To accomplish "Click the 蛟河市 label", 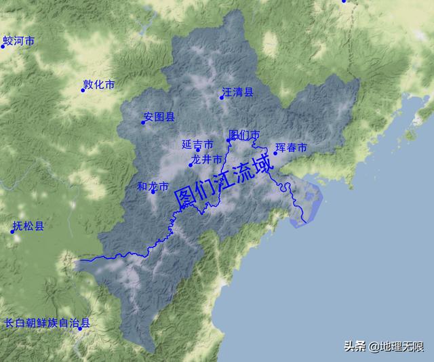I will pyautogui.click(x=19, y=41).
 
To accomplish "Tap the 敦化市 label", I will pyautogui.click(x=100, y=85).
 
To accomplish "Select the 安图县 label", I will pyautogui.click(x=160, y=117).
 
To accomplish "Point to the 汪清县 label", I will pyautogui.click(x=238, y=92).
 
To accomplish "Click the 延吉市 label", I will pyautogui.click(x=198, y=144).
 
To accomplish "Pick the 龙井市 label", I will pyautogui.click(x=208, y=159).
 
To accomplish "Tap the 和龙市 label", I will pyautogui.click(x=153, y=186).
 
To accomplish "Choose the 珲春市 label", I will pyautogui.click(x=292, y=147).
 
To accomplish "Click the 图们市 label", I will pyautogui.click(x=244, y=135).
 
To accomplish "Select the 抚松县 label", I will pyautogui.click(x=28, y=226).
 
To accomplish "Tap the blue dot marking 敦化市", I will pyautogui.click(x=83, y=91).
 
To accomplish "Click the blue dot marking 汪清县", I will pyautogui.click(x=222, y=98).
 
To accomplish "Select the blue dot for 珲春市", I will pyautogui.click(x=275, y=153).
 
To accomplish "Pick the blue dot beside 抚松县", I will pyautogui.click(x=12, y=232).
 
